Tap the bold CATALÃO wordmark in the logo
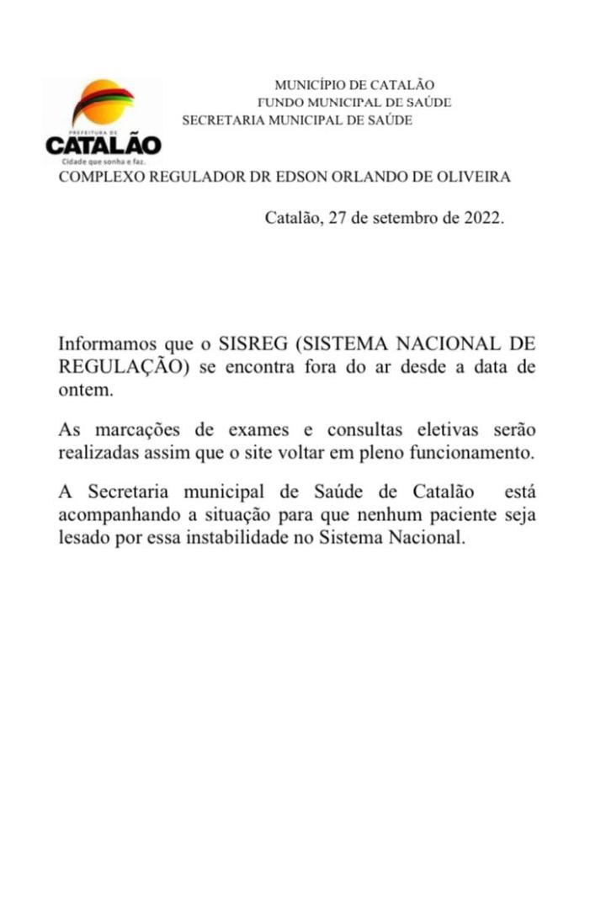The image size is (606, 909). coord(104,145)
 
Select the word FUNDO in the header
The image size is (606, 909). coord(280,103)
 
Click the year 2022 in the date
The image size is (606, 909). coord(482,218)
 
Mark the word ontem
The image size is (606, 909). coord(84,391)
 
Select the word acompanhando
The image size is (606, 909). coord(114,514)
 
